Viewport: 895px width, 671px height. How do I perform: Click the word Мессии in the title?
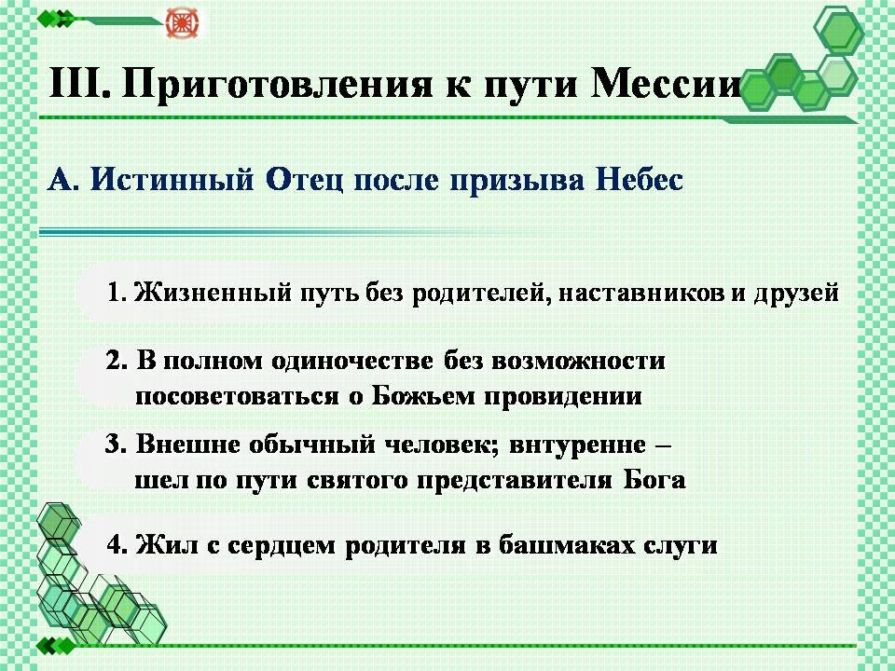[666, 83]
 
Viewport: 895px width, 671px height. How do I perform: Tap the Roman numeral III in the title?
[78, 83]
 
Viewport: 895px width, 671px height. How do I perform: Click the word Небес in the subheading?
[640, 180]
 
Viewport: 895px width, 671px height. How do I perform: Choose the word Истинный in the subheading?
[173, 180]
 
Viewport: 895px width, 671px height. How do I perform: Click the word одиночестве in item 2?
[352, 362]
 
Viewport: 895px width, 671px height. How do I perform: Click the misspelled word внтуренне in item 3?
[577, 445]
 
